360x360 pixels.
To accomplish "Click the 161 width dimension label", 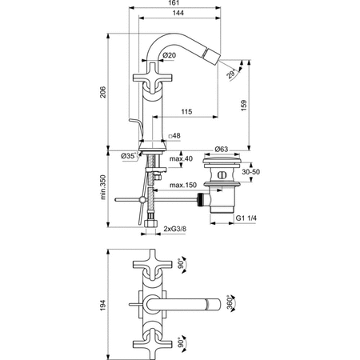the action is pos(174,3).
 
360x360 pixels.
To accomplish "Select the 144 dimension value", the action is pos(178,13).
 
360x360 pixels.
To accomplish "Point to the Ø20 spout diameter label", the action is pos(170,55).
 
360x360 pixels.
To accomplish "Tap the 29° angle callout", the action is pos(231,74).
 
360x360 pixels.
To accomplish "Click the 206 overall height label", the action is pos(103,92).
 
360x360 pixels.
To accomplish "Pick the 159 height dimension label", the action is pos(243,106).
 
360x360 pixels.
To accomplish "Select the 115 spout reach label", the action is pos(186,111).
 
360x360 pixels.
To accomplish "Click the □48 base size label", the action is pos(174,136).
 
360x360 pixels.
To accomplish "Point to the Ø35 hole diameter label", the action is pos(130,156).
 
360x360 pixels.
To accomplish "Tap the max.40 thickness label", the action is pos(181,158).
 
